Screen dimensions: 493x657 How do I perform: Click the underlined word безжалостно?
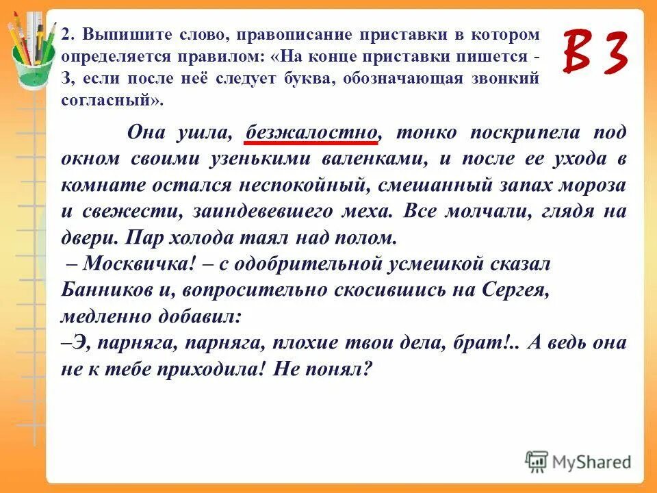point(311,132)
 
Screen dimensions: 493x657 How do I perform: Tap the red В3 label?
point(595,53)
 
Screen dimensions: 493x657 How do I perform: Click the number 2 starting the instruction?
point(64,34)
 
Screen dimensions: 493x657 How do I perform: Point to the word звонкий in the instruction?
point(503,78)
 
